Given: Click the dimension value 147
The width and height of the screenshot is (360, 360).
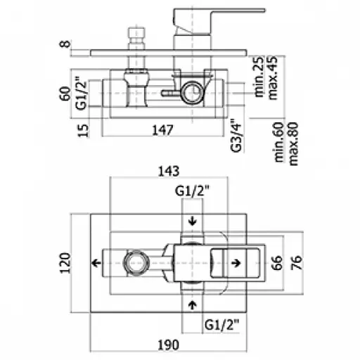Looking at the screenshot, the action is (x=162, y=130).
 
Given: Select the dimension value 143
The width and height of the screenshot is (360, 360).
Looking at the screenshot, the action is (x=169, y=171).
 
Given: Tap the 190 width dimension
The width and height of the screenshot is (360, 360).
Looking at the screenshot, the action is (x=169, y=345).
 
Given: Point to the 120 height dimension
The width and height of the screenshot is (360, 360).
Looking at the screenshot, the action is (x=65, y=263).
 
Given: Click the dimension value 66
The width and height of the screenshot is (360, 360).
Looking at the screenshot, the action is (x=276, y=263).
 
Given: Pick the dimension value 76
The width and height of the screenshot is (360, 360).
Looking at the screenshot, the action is (x=296, y=263).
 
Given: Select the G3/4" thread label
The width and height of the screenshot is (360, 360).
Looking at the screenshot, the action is (x=236, y=136).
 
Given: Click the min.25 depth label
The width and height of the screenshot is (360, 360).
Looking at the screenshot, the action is (x=259, y=77).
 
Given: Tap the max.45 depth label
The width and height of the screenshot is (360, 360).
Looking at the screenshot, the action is (x=272, y=77).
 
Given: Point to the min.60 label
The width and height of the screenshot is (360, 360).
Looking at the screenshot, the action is (x=279, y=142).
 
